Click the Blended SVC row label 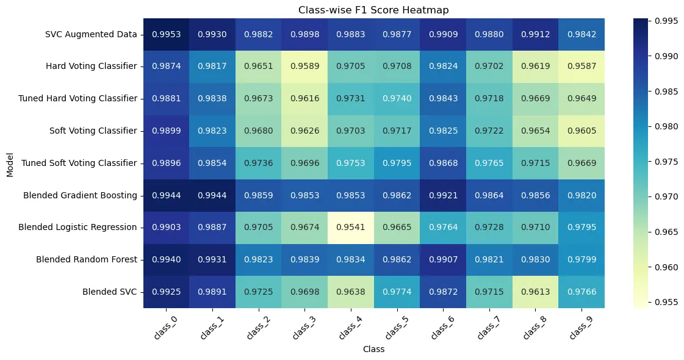tap(110, 292)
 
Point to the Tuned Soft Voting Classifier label tap(79, 163)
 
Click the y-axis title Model tap(9, 163)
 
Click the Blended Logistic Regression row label tap(80, 227)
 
